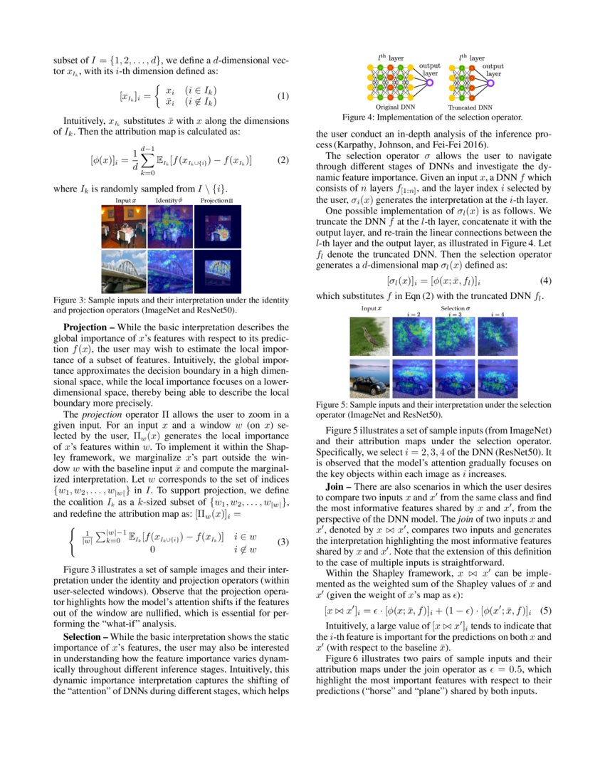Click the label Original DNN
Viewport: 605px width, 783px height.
click(x=396, y=106)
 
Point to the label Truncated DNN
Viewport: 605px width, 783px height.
click(x=471, y=106)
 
